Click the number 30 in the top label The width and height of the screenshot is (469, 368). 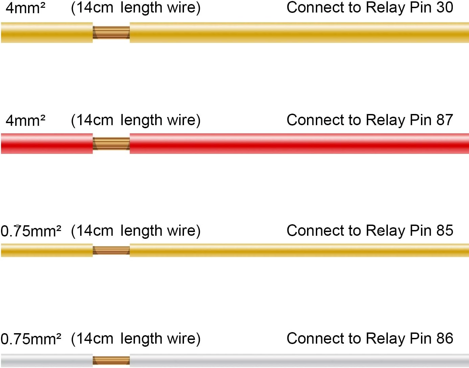(445, 7)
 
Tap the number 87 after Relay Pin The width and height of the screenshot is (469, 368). (445, 120)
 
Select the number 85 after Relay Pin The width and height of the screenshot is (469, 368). (445, 231)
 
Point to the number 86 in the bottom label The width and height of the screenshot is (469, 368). (445, 338)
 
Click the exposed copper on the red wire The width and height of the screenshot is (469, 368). (111, 143)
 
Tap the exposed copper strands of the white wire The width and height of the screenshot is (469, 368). (111, 361)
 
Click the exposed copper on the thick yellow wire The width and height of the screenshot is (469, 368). (111, 32)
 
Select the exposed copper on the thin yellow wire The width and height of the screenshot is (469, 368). (111, 250)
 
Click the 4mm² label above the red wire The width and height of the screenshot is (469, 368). (25, 120)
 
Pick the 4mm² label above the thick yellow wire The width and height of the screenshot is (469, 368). (25, 8)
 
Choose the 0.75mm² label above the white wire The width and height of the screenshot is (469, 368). (31, 339)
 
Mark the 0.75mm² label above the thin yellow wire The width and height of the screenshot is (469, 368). (31, 231)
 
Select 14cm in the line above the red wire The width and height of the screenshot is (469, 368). (95, 120)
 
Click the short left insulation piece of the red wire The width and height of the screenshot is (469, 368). (47, 143)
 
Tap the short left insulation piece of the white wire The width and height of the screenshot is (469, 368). (47, 361)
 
